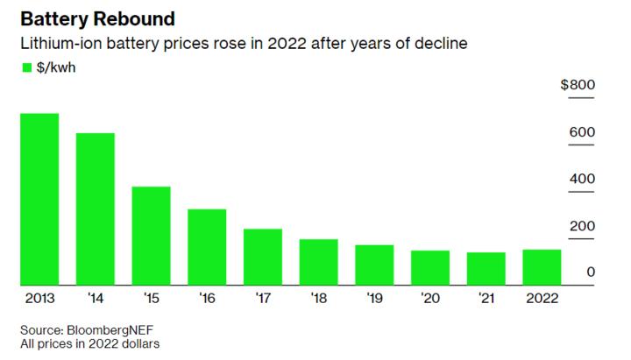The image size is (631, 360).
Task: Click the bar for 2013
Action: point(39,199)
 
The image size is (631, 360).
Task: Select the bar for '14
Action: point(95,208)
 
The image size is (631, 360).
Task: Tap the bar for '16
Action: point(207,247)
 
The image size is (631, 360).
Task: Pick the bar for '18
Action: point(318,262)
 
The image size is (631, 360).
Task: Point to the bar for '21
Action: point(486,268)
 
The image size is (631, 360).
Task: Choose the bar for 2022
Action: point(542,267)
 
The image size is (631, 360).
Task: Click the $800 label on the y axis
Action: point(578,85)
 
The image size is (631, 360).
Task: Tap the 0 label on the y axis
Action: point(591,272)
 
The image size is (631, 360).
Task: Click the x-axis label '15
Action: point(151,299)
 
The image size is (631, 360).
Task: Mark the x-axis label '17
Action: point(262,299)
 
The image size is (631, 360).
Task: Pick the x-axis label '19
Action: point(374,299)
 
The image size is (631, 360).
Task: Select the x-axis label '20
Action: point(430,299)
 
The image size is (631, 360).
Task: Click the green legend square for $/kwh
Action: point(25,67)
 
